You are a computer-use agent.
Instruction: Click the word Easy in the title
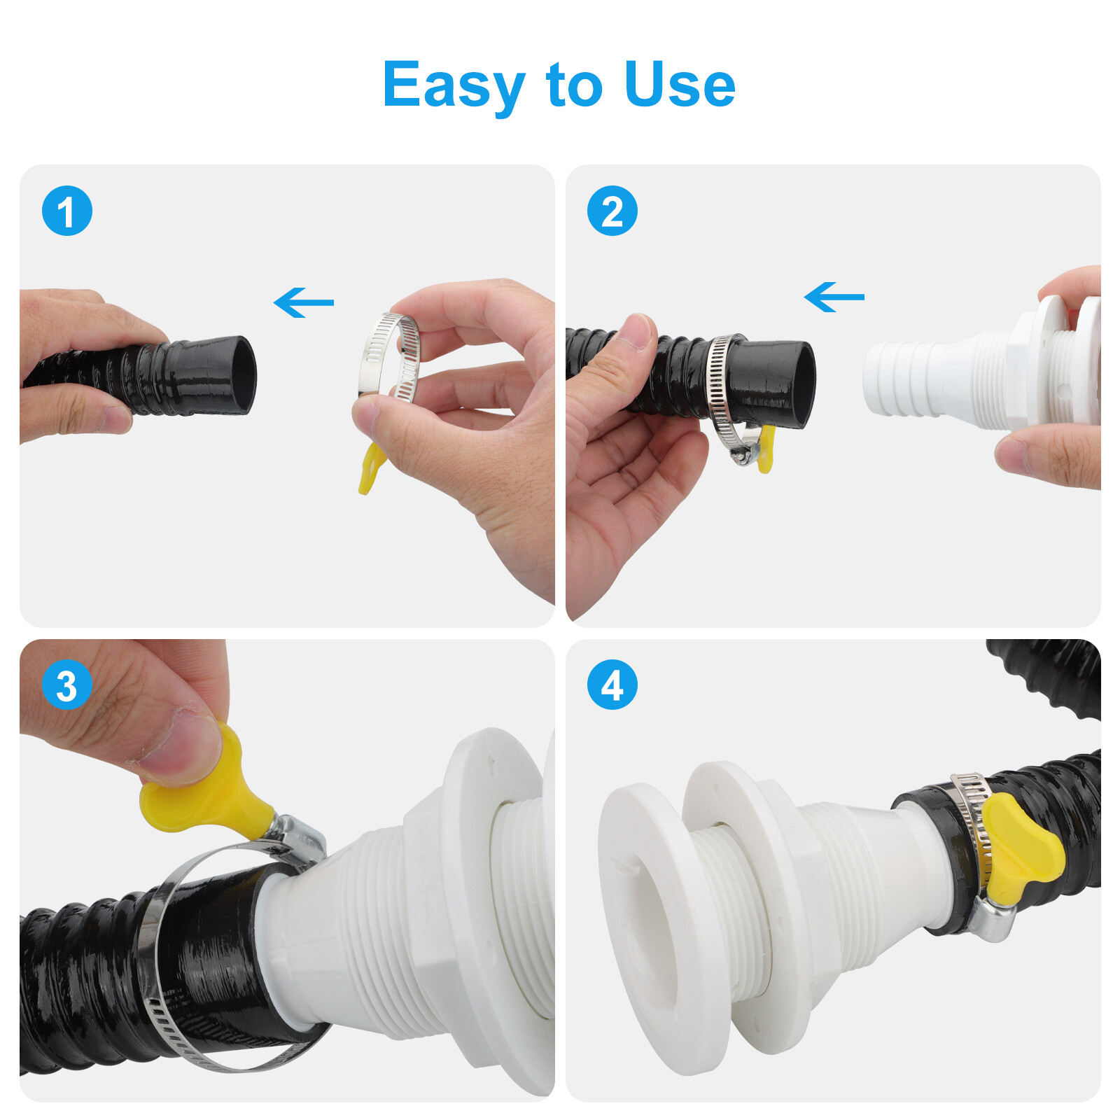[x=454, y=85]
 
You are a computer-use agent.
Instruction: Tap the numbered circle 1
[x=67, y=211]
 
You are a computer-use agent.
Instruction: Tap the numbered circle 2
[x=612, y=211]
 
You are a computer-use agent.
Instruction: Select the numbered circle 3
[x=67, y=685]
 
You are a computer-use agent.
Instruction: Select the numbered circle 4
[x=612, y=685]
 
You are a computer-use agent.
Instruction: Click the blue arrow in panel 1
[x=304, y=302]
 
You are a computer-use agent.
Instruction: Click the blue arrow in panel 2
[x=834, y=297]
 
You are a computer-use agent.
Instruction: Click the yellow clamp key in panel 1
[x=370, y=468]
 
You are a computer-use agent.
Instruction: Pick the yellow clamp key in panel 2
[x=766, y=448]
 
